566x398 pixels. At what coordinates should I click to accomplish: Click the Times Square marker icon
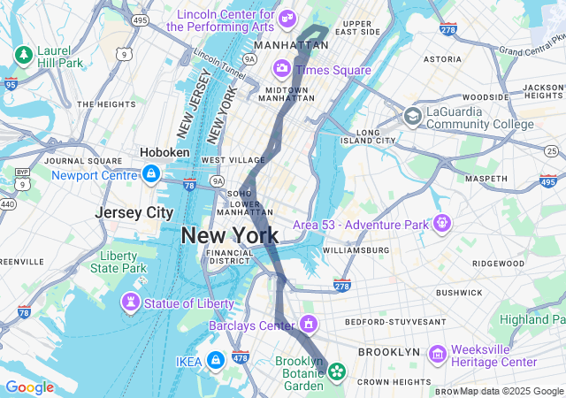[x=281, y=68]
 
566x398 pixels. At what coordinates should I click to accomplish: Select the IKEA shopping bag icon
[x=214, y=361]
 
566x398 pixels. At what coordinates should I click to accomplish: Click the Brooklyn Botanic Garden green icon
[x=337, y=372]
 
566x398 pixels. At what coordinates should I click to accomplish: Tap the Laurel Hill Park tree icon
[x=21, y=55]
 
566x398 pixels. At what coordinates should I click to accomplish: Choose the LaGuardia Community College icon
[x=412, y=116]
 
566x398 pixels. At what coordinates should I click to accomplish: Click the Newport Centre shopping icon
[x=150, y=173]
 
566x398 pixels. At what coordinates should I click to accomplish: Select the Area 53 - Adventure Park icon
[x=440, y=224]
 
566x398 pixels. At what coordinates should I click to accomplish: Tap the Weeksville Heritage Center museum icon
[x=438, y=354]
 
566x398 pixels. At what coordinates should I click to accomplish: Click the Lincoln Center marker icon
[x=287, y=19]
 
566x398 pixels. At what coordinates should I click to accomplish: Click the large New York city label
[x=230, y=235]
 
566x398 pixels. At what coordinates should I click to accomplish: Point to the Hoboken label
[x=164, y=152]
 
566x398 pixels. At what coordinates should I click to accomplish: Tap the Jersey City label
[x=134, y=213]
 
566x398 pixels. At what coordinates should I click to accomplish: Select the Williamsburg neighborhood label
[x=356, y=250]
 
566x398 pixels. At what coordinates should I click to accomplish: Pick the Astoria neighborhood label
[x=442, y=59]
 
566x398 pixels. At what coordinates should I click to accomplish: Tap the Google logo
[x=30, y=387]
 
